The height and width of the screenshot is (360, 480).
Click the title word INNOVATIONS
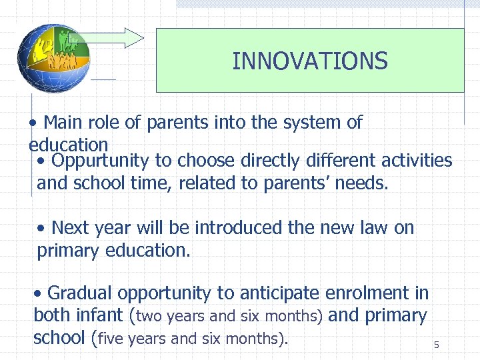[x=309, y=61]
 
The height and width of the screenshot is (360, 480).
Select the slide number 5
[x=437, y=345]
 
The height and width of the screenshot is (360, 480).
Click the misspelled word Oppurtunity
[x=101, y=161]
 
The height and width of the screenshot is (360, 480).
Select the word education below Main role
[x=68, y=144]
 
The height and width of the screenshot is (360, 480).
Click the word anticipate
[x=279, y=293]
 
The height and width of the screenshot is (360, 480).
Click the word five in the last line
[x=110, y=338]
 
